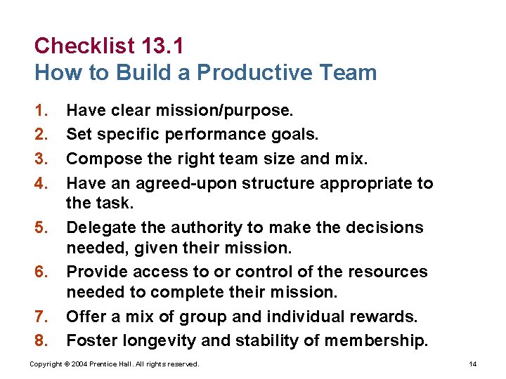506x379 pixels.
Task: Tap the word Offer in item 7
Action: [84, 317]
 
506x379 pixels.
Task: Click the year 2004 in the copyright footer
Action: [88, 364]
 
